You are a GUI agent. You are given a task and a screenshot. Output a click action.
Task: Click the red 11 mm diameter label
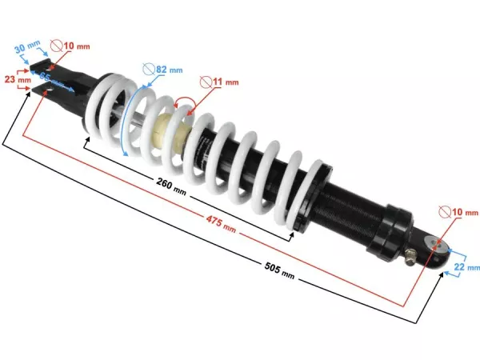[226, 82]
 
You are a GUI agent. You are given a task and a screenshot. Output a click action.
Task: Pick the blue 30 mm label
[26, 49]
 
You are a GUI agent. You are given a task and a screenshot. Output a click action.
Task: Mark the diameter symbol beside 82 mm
[148, 70]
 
